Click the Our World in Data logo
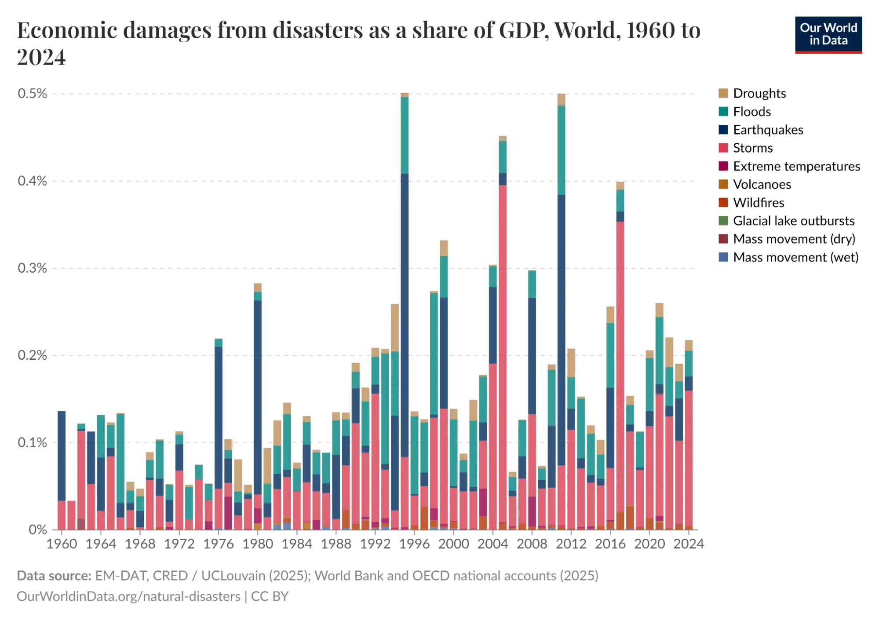click(828, 35)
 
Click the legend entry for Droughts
click(759, 93)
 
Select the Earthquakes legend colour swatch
click(723, 130)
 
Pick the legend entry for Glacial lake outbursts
click(793, 221)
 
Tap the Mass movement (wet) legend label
click(795, 257)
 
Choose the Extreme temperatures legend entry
click(796, 166)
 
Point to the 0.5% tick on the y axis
click(32, 94)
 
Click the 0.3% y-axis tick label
click(32, 268)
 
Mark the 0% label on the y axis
click(37, 530)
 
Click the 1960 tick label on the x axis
click(62, 544)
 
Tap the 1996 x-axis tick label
click(414, 544)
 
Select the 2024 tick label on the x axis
click(689, 544)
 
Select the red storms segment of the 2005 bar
click(503, 352)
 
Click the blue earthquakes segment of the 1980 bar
click(258, 396)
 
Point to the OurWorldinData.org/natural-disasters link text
click(128, 596)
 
